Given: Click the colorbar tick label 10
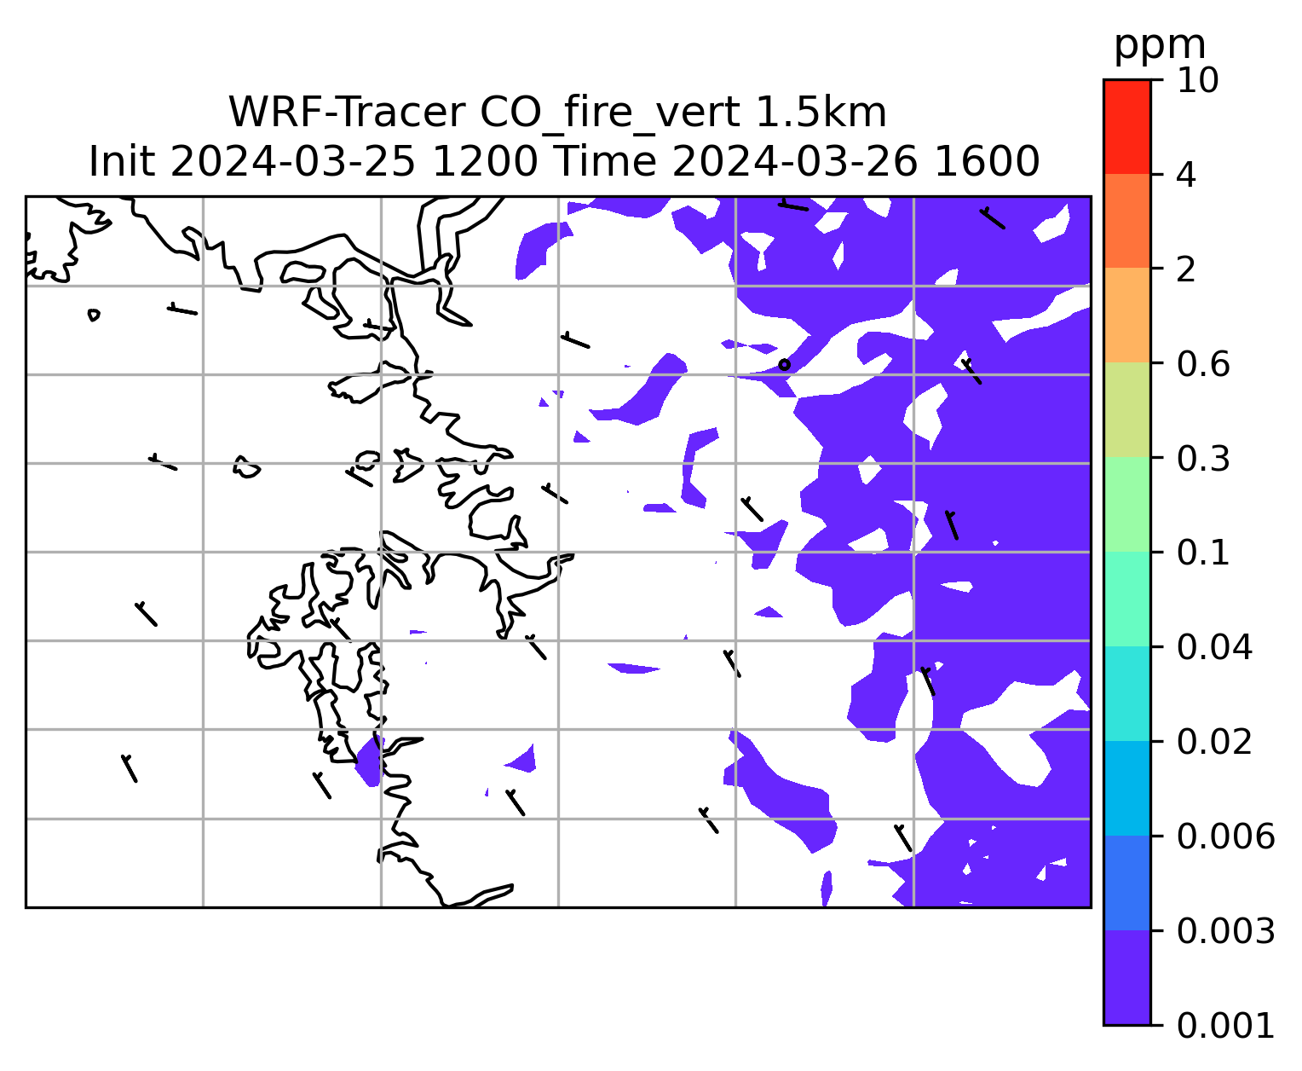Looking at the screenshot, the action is (1197, 80).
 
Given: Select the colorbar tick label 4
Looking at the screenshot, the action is (1186, 175).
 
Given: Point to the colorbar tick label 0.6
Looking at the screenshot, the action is (1202, 364).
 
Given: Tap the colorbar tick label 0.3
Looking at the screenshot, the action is (1202, 458).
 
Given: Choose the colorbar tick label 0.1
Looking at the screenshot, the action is (1202, 553).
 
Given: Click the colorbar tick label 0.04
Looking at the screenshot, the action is (1213, 646).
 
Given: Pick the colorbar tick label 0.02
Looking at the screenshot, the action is (1213, 741).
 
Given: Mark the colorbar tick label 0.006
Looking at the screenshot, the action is (1224, 837).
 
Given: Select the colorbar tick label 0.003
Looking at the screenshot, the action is (1224, 931).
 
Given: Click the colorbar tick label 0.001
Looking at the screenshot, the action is (1224, 1026).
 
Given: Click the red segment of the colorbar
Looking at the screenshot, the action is (1126, 127).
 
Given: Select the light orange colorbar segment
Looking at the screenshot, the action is (1126, 315).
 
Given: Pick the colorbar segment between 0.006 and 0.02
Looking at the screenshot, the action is (1126, 788).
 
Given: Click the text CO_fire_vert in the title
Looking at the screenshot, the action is (610, 113).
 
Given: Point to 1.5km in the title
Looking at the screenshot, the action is (821, 113).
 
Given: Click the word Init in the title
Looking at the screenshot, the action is (122, 162).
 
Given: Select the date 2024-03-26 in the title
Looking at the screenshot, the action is (795, 162).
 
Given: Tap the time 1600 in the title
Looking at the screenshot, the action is (987, 162).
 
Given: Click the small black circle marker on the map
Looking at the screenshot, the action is (783, 364).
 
